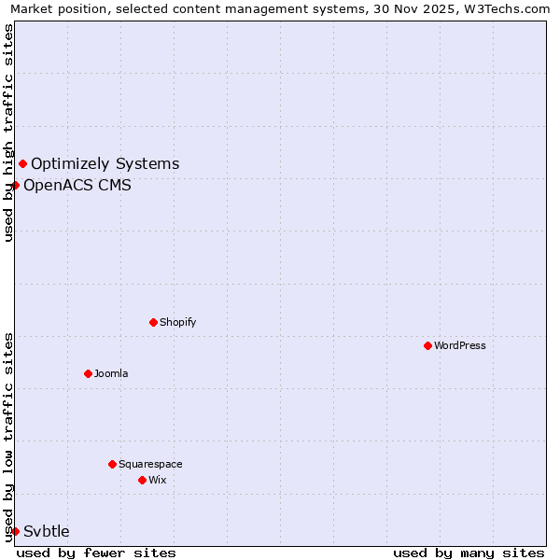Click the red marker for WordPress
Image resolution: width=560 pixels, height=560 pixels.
click(x=427, y=345)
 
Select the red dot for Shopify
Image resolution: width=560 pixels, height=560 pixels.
click(x=153, y=322)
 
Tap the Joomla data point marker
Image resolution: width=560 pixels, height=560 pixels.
click(x=88, y=373)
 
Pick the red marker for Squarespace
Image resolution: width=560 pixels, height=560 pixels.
click(x=112, y=464)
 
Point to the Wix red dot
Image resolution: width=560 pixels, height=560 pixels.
click(x=142, y=480)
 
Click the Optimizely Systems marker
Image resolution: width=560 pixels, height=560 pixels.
click(x=22, y=164)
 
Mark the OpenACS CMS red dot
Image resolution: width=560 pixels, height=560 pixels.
click(x=16, y=185)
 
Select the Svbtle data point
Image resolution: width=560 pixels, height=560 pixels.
click(x=16, y=531)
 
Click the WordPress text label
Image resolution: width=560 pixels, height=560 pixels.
click(x=460, y=345)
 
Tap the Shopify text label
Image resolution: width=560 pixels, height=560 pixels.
click(x=178, y=322)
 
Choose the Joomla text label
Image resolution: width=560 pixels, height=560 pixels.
click(x=111, y=373)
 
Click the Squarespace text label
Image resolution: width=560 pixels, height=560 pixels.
click(x=150, y=464)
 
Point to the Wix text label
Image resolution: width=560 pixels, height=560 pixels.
click(x=158, y=480)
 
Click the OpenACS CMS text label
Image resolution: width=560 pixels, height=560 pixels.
click(x=77, y=185)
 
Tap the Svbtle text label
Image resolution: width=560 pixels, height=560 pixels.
click(x=47, y=531)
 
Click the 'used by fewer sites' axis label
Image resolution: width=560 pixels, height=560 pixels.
click(x=96, y=553)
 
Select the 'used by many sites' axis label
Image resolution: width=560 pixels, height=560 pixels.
click(x=469, y=553)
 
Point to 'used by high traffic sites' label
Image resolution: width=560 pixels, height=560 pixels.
click(x=8, y=133)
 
